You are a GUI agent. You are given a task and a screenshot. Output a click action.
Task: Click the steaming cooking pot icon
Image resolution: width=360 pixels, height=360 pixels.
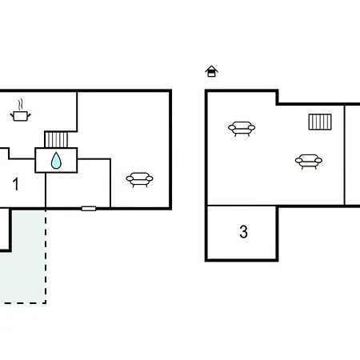(x=20, y=111)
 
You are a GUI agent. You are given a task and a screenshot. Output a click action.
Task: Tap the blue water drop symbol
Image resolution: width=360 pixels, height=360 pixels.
(x=56, y=161)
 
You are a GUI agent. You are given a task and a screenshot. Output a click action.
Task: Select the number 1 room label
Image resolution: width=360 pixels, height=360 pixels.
(x=16, y=184)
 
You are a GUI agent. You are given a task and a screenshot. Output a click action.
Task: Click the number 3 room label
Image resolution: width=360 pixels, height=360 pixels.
(x=243, y=231)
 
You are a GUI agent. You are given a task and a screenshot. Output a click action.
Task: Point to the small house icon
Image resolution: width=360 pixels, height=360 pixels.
(x=211, y=71)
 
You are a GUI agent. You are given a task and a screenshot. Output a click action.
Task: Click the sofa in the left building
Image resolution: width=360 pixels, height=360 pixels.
(x=139, y=180)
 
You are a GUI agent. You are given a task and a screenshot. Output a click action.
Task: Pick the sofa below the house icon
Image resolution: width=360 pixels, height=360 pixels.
(x=242, y=129)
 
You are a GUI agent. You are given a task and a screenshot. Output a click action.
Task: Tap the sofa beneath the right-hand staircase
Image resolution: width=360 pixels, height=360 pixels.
(x=309, y=162)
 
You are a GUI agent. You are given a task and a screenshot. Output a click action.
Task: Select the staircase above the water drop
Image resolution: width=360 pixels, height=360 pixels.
(x=56, y=139)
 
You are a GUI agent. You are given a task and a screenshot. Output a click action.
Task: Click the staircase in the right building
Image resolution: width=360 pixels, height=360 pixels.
(x=320, y=122)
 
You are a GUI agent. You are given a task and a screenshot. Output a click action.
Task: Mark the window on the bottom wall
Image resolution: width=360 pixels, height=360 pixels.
(x=89, y=209)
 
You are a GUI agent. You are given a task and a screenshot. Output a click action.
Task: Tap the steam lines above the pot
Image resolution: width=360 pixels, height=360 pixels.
(x=20, y=105)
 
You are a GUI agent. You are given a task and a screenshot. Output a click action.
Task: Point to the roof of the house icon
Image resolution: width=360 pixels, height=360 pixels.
(x=211, y=69)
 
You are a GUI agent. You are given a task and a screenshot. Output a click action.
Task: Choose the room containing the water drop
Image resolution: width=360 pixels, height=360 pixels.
(x=56, y=160)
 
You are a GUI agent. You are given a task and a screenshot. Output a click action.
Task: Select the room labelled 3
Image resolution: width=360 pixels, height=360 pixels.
(x=242, y=233)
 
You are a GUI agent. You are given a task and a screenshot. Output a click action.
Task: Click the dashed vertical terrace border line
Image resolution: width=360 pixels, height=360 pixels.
(x=46, y=256)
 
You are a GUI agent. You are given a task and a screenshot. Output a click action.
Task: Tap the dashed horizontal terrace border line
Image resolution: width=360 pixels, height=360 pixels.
(x=23, y=302)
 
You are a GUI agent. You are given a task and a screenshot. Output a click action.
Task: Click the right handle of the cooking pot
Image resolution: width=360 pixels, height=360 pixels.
(x=29, y=115)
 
